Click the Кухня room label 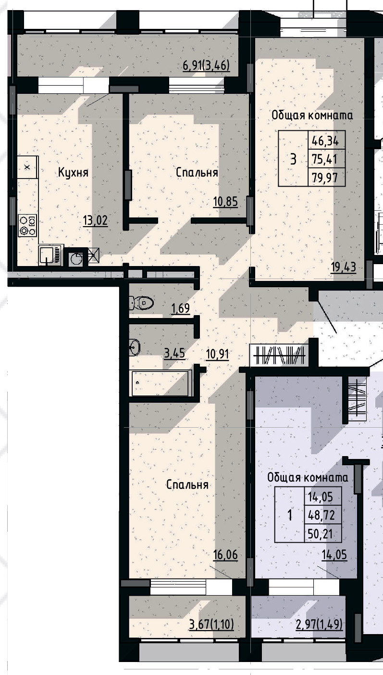74,172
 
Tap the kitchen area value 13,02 95,221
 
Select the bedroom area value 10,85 225,201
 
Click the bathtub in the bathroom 161,383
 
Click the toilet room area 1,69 180,308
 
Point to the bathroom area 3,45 174,355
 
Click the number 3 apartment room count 293,159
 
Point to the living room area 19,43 344,267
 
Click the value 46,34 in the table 325,141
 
